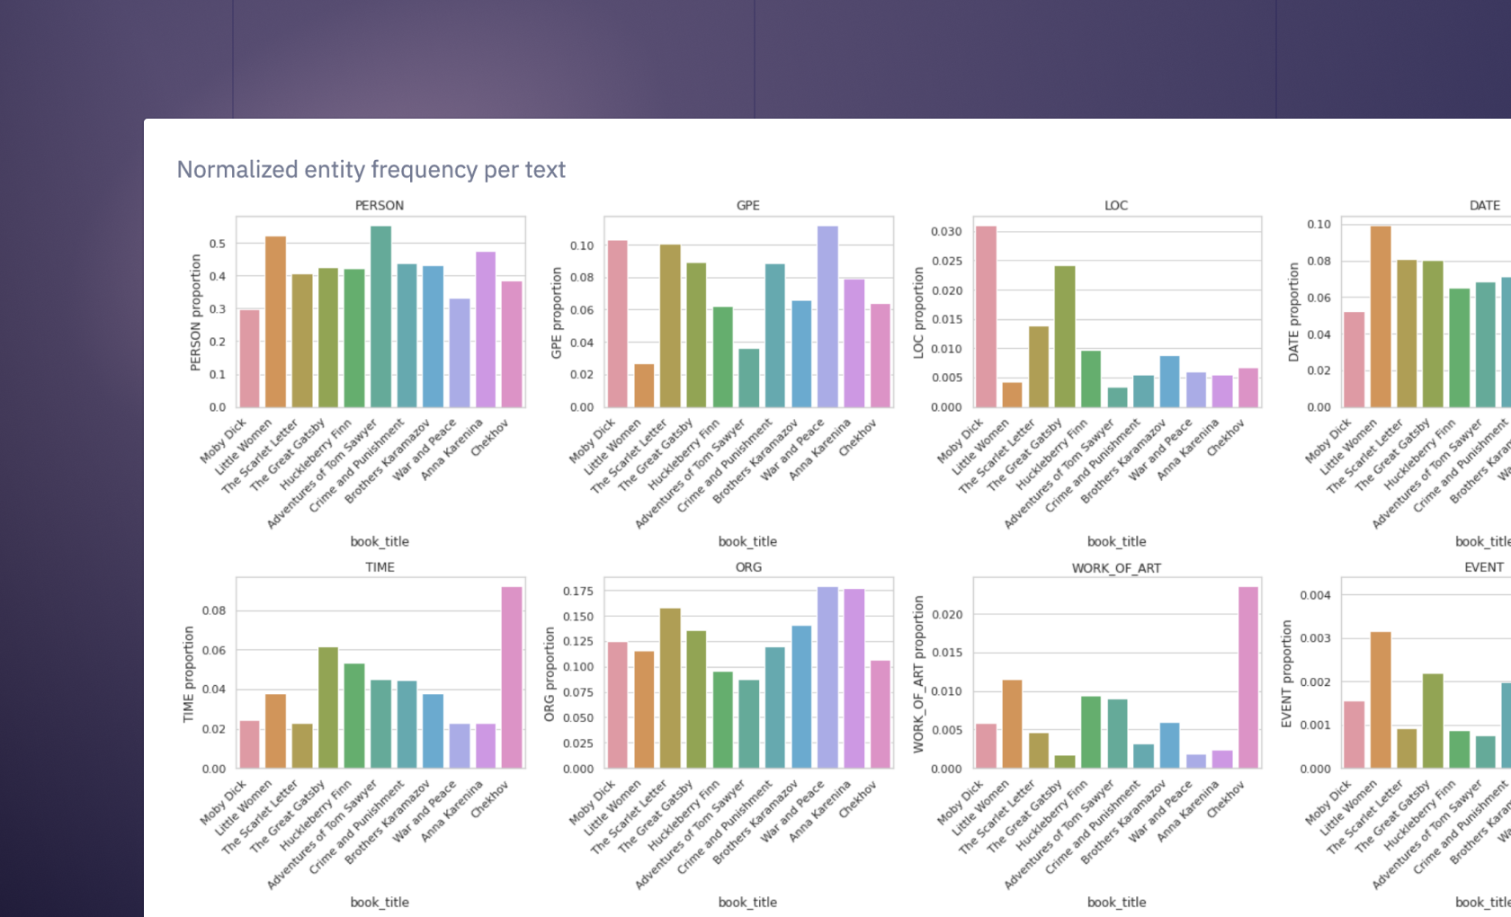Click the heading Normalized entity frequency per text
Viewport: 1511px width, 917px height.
[x=371, y=170]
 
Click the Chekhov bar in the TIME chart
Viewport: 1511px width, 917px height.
[x=512, y=678]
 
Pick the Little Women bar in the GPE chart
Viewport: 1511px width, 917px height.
[x=644, y=386]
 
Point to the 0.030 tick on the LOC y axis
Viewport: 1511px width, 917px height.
[x=946, y=232]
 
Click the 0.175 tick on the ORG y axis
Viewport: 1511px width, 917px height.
[x=578, y=592]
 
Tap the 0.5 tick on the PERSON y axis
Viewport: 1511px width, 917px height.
[x=218, y=244]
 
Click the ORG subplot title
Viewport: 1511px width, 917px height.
[x=748, y=567]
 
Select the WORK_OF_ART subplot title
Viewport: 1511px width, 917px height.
[x=1116, y=568]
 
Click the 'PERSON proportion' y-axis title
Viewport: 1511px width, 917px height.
[x=195, y=312]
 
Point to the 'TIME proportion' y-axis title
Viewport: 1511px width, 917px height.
[x=188, y=674]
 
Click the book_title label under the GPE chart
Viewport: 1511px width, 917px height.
[x=747, y=541]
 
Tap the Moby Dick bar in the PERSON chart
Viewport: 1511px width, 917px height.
[x=249, y=359]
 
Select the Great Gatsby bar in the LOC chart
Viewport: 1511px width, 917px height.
[x=1065, y=337]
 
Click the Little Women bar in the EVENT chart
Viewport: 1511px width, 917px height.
[x=1381, y=700]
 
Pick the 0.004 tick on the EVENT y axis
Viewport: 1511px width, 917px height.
[x=1315, y=595]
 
